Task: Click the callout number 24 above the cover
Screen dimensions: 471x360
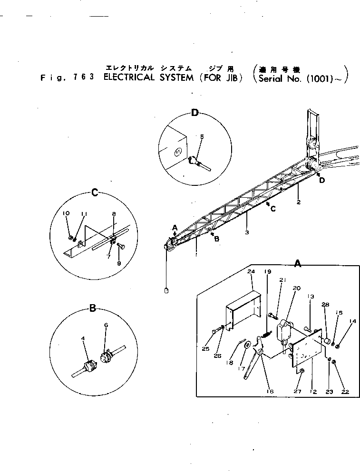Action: pos(252,272)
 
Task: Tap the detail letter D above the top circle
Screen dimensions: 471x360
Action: pos(195,113)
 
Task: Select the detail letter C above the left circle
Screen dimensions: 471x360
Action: pos(95,192)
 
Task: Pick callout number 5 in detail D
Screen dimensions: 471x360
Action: pos(202,136)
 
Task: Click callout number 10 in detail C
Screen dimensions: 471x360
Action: pos(66,213)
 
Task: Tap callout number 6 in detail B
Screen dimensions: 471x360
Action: pos(106,325)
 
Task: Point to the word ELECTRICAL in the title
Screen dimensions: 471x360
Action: pos(129,78)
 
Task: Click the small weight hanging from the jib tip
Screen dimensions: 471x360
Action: pos(166,291)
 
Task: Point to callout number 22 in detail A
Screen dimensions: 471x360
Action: pos(345,392)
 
